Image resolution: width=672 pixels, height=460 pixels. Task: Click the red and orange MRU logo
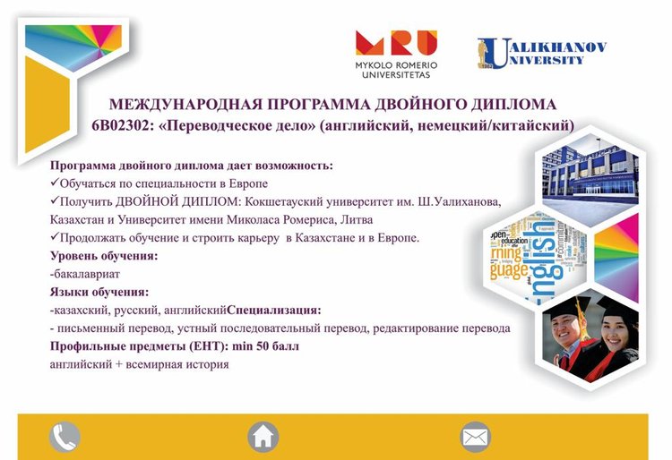396,43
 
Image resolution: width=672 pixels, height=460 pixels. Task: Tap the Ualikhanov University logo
542,54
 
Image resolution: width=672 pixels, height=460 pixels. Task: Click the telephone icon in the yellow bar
65,437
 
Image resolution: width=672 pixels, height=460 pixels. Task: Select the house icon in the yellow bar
263,437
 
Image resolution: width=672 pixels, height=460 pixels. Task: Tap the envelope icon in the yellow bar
475,437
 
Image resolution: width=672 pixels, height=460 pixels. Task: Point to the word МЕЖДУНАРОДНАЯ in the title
185,105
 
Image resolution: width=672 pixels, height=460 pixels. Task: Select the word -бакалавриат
85,274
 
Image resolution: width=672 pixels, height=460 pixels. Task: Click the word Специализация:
274,310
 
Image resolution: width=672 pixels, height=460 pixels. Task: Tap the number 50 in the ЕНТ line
263,345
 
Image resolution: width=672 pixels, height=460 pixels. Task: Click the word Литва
357,220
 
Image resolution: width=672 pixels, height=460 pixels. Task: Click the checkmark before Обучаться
54,183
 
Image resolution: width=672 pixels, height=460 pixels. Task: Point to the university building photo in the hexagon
590,172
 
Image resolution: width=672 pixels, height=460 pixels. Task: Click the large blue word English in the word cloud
543,261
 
